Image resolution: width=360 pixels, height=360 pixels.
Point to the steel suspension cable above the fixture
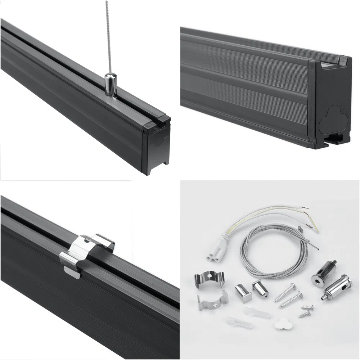click(107, 36)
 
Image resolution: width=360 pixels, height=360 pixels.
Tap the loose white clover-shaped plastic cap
click(282, 324)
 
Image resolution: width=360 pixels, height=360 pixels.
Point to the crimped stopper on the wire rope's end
click(299, 228)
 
